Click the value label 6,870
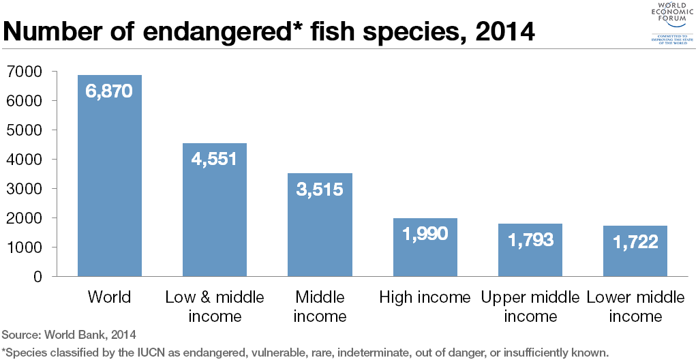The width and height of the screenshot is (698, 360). click(x=109, y=91)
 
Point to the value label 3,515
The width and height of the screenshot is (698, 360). click(x=319, y=189)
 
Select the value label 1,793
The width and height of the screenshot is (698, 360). click(x=530, y=240)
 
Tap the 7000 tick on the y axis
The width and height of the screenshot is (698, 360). click(x=23, y=72)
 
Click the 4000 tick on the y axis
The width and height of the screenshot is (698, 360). click(x=23, y=160)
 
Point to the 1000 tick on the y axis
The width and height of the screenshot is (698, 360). click(x=23, y=247)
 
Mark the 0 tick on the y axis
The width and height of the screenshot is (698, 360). click(x=37, y=277)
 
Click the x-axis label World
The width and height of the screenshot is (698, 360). click(x=109, y=297)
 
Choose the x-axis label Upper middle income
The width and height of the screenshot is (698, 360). click(x=530, y=306)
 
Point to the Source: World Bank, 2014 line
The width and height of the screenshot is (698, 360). click(x=69, y=335)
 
